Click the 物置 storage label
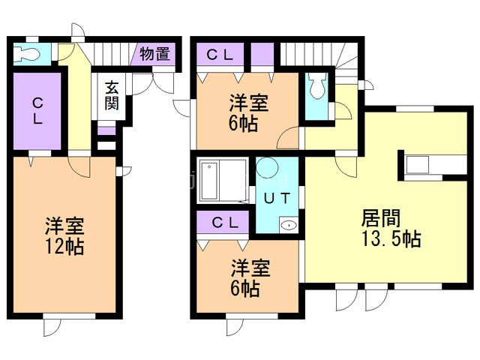pyautogui.click(x=155, y=54)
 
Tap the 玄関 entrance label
pyautogui.click(x=111, y=95)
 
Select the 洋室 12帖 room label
pyautogui.click(x=63, y=235)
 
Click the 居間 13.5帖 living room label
pyautogui.click(x=390, y=229)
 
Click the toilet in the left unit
pyautogui.click(x=30, y=53)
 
